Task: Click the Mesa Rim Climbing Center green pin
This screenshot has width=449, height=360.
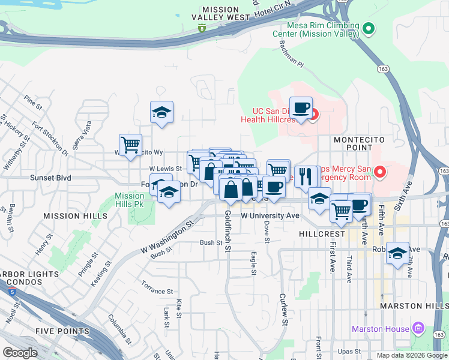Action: click(x=370, y=28)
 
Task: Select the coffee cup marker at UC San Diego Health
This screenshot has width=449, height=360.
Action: click(x=301, y=109)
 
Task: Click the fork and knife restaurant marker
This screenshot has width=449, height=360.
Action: click(x=306, y=176)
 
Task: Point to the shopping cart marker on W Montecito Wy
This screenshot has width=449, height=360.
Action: click(x=130, y=145)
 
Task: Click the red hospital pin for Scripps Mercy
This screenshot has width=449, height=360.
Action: click(x=379, y=173)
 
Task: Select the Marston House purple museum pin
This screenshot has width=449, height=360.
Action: click(x=419, y=329)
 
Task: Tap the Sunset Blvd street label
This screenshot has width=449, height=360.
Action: click(x=51, y=178)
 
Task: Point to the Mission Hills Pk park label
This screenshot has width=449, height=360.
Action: click(x=129, y=200)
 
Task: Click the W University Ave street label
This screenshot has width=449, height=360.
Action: click(x=270, y=215)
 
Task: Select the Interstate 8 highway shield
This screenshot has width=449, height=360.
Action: click(x=203, y=28)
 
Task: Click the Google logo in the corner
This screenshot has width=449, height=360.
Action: click(x=20, y=352)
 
